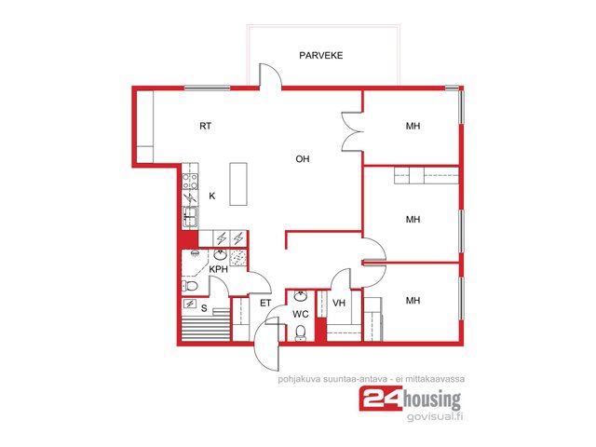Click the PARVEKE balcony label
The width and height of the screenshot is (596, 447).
(x=320, y=56)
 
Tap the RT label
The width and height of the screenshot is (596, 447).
(x=205, y=126)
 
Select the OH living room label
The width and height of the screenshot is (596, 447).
(x=302, y=159)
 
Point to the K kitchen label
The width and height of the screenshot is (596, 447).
(x=212, y=196)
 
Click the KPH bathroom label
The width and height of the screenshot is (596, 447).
(x=219, y=269)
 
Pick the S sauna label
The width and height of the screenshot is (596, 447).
(x=204, y=308)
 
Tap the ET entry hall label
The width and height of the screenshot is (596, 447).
(x=265, y=303)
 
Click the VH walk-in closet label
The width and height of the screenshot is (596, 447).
(x=339, y=303)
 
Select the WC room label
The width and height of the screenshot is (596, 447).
(x=300, y=315)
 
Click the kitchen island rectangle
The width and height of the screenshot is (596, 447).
(x=238, y=184)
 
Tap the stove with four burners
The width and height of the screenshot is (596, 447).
(x=190, y=181)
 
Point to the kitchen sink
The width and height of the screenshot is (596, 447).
(x=190, y=217)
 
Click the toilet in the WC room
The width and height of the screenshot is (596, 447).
(x=301, y=333)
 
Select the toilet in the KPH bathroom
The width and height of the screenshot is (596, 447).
(x=190, y=286)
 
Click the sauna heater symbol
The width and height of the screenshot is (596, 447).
(x=189, y=304)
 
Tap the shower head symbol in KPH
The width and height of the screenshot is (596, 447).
(x=195, y=253)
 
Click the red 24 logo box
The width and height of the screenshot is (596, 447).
(x=381, y=399)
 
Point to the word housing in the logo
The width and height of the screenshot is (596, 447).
(x=432, y=400)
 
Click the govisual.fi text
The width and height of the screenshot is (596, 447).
(x=435, y=416)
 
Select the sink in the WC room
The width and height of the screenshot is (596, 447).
(x=301, y=296)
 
